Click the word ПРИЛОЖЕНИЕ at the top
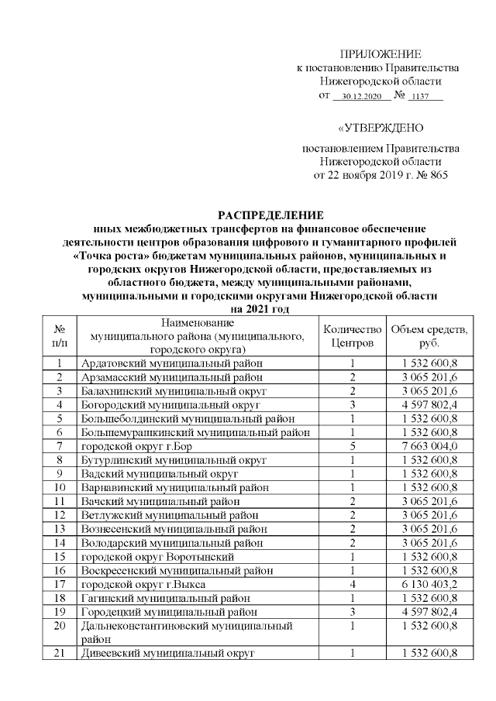[x=381, y=54]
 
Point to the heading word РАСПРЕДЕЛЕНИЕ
[x=270, y=215]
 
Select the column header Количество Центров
[x=352, y=335]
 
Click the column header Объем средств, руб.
[x=429, y=335]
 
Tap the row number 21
[x=59, y=654]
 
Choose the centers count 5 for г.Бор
[x=352, y=445]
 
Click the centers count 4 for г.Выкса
[x=352, y=584]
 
